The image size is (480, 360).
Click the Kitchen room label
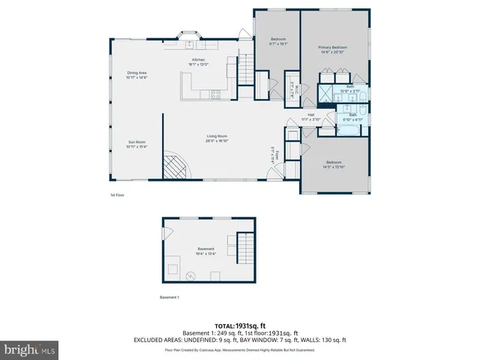point(199,59)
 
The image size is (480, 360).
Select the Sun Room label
point(136,142)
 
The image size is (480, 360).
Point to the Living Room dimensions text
point(217,140)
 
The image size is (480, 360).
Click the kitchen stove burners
point(215,94)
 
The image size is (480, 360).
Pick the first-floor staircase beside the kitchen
point(247,70)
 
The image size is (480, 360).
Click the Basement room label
point(205,249)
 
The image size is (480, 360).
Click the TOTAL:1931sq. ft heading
point(239,325)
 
